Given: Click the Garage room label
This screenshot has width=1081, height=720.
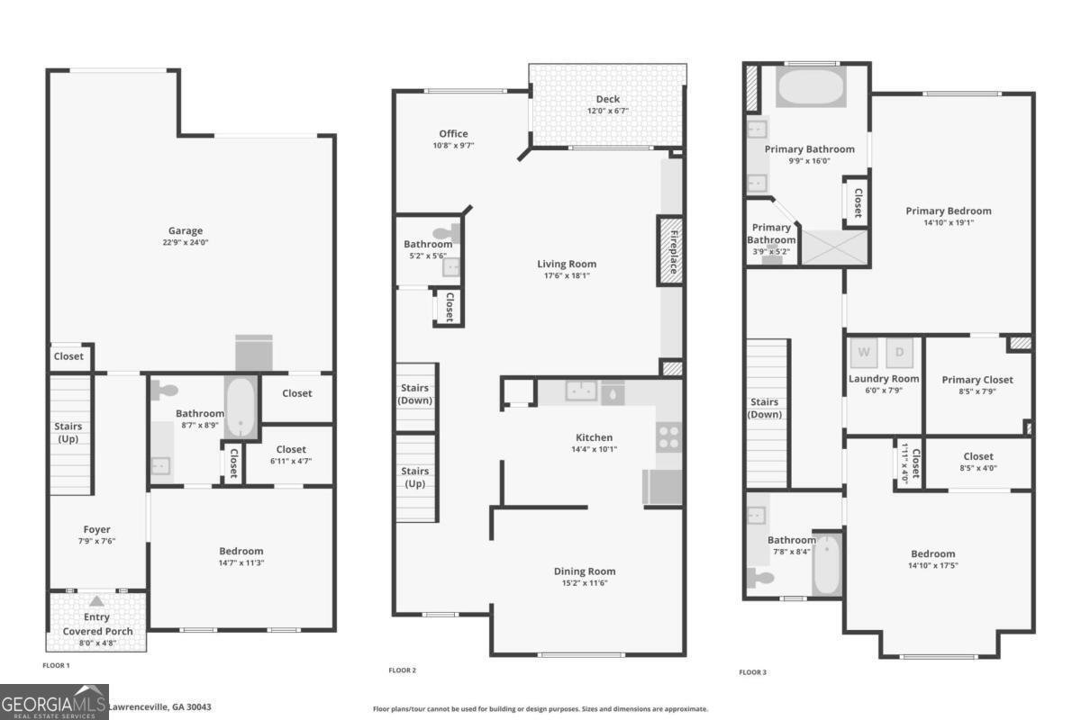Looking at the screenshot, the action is coord(186,230).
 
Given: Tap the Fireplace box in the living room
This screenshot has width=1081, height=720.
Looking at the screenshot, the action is coord(670,250).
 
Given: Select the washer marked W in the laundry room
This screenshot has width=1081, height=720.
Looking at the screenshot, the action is coord(864,353).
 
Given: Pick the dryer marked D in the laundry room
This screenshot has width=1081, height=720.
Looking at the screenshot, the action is coord(900,353).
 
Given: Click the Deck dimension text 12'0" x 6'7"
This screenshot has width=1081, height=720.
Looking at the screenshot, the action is coord(607,111).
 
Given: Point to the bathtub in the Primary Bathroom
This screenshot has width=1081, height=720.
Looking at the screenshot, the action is coord(811,86).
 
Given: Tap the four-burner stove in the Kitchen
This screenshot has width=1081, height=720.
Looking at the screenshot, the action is coord(668,437).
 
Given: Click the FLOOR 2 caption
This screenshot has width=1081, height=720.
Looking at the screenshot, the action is coord(402,670).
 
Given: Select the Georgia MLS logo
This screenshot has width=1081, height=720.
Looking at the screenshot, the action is coord(54,702).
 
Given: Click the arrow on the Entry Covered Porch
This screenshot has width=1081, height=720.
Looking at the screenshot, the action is coord(96,601).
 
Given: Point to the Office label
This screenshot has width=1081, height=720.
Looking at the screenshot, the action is coord(453,133).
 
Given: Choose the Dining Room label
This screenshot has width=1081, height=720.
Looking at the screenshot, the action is coord(585,571).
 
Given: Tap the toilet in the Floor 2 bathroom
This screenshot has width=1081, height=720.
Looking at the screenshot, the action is coord(447,234).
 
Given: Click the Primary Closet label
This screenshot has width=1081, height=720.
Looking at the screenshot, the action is coord(977,380).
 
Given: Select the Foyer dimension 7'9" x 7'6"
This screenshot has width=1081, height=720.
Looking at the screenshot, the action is coord(97,541).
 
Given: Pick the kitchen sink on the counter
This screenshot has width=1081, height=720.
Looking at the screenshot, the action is coord(581,391).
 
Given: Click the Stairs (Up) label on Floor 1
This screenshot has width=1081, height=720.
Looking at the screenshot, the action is coord(68,433).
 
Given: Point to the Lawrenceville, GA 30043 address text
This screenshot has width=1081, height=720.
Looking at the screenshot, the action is coord(159,707).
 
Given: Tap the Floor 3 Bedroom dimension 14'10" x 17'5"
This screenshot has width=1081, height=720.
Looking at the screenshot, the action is coord(933,566).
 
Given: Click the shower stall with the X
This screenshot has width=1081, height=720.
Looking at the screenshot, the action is coord(834,247).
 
